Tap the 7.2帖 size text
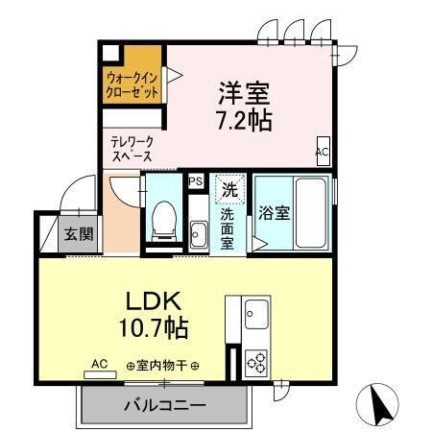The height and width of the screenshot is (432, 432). [244, 121]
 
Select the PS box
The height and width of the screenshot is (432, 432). [195, 180]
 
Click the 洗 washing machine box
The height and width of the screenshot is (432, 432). [229, 189]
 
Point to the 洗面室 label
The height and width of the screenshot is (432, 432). [228, 228]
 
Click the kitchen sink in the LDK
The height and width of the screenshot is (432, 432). [256, 313]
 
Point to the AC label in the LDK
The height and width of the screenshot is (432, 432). [100, 364]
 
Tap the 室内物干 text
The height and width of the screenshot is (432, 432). [162, 366]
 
